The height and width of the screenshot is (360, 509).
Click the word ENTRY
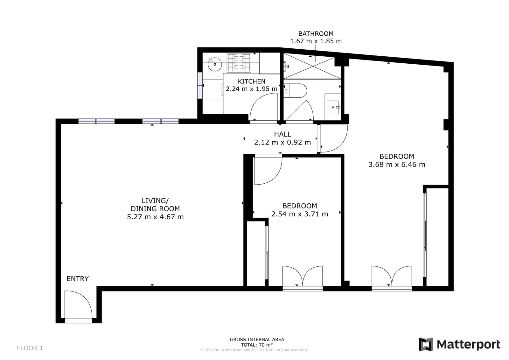78,279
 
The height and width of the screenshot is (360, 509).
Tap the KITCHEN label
252,81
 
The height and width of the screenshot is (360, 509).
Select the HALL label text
282,134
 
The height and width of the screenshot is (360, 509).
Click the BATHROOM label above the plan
316,34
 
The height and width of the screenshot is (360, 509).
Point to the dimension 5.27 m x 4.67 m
155,217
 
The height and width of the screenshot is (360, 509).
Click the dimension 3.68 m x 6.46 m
397,165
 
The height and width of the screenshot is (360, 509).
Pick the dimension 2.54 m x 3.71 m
300,214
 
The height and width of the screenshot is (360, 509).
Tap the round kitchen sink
215,64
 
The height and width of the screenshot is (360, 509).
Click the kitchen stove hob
239,63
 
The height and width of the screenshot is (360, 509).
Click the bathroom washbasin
333,107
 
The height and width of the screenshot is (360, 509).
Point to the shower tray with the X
312,66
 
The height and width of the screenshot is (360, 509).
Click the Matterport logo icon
426,344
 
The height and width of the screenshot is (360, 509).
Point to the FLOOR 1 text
30,348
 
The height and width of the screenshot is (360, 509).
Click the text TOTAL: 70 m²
257,345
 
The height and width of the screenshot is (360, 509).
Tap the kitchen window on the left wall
200,86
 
